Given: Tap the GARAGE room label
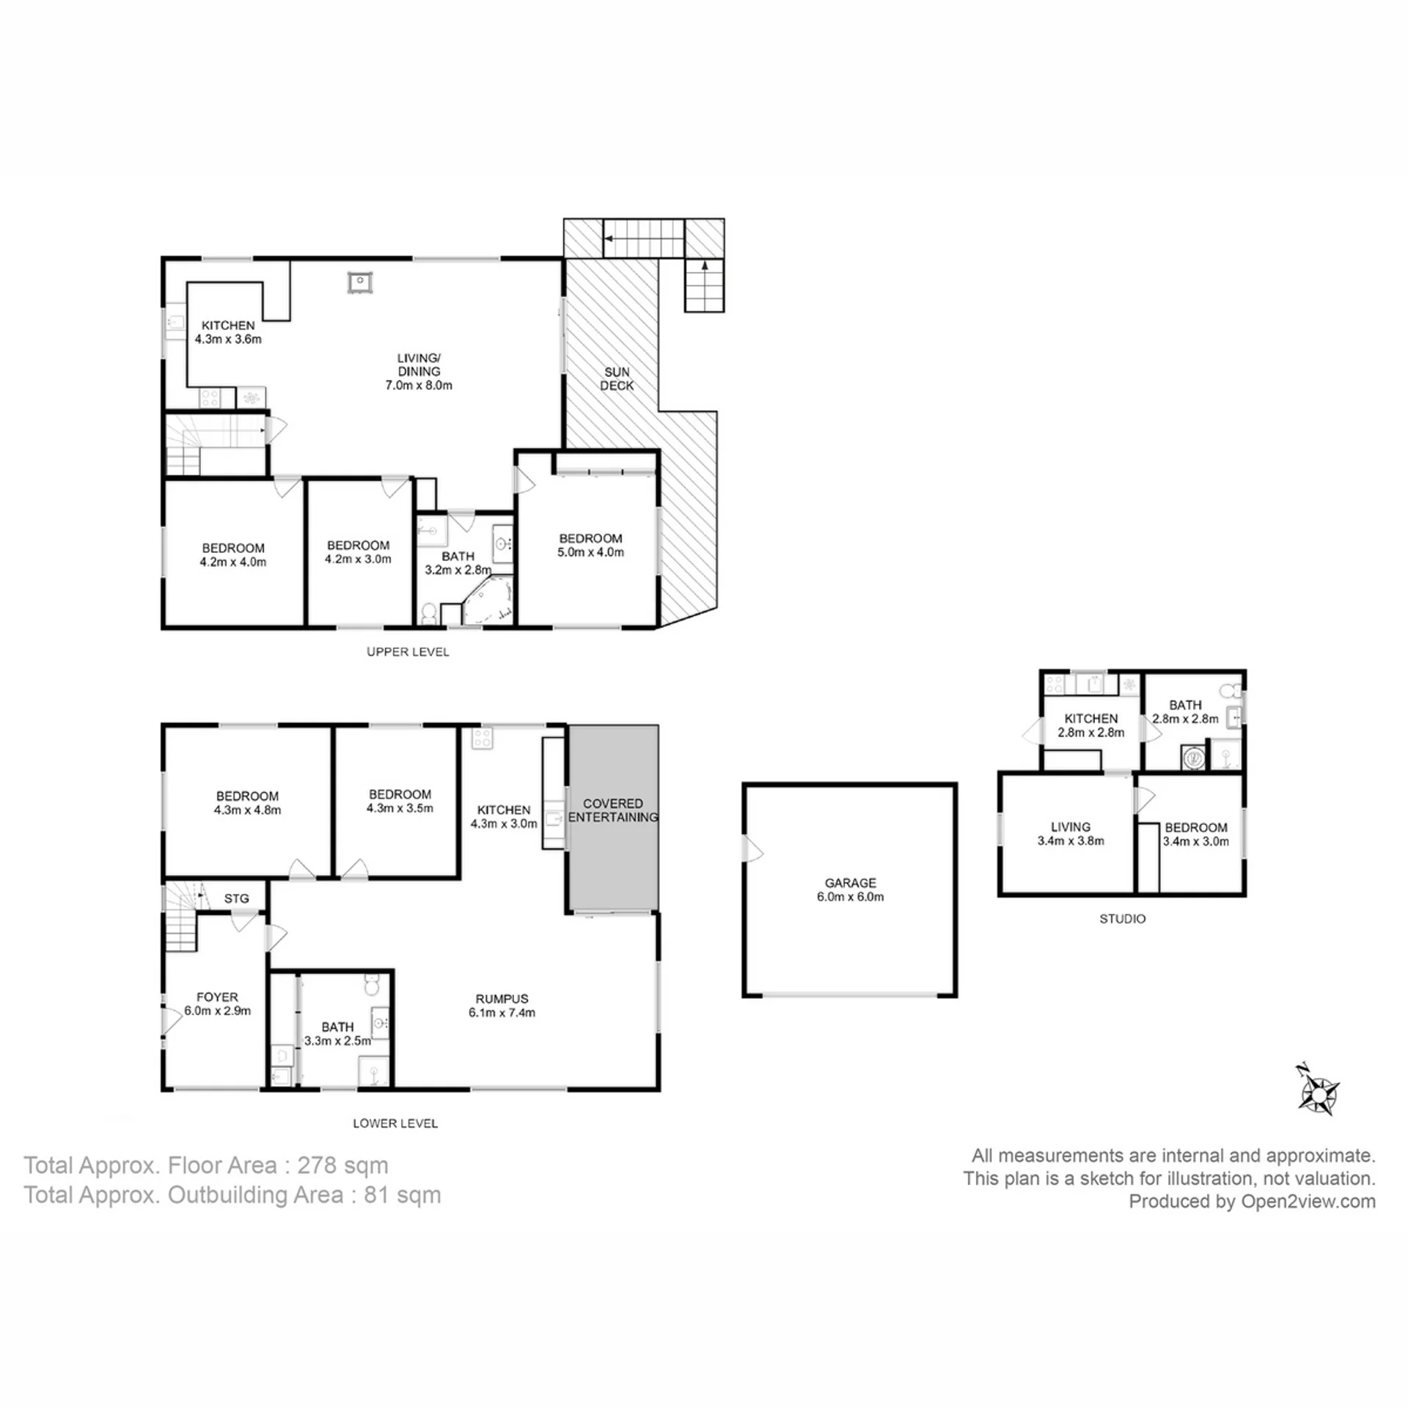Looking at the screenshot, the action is (850, 883).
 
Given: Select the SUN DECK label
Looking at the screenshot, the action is (617, 378).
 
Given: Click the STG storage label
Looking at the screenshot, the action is (236, 898).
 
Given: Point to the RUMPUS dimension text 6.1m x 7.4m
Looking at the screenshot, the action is (502, 1013).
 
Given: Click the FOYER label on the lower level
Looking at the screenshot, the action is (217, 997).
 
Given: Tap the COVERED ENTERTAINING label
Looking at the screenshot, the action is (613, 810).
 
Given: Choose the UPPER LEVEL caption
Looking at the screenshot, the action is (408, 652).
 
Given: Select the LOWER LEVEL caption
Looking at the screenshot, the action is (395, 1123).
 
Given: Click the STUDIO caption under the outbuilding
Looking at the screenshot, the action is (1122, 918).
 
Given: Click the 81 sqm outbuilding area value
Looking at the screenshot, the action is (402, 1195).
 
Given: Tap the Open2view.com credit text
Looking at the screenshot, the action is (1308, 1201).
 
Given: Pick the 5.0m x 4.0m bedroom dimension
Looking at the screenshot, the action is (590, 552).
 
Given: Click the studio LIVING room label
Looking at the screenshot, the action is (1070, 826).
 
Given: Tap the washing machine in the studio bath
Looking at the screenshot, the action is (1193, 758).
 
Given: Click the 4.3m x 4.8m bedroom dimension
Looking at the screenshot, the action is (247, 810).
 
